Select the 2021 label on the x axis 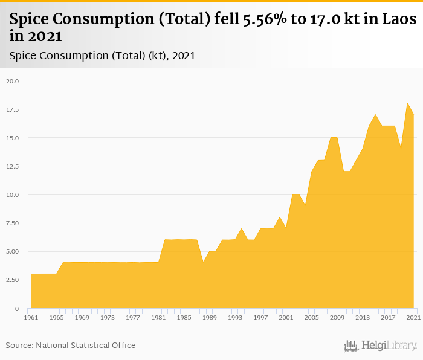[x=414, y=317]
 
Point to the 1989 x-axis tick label [x=210, y=317]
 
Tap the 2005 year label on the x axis [x=312, y=317]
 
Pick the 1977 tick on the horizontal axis [x=133, y=317]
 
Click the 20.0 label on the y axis [x=13, y=81]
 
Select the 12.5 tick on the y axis [x=13, y=166]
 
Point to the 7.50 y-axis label [x=13, y=223]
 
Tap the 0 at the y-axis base [x=18, y=309]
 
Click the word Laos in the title [x=399, y=19]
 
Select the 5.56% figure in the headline [x=279, y=19]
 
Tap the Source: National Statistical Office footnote [x=71, y=346]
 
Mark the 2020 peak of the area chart [x=407, y=103]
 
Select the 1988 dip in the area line [x=203, y=263]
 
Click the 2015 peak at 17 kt [x=375, y=115]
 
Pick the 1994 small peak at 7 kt [x=242, y=229]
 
